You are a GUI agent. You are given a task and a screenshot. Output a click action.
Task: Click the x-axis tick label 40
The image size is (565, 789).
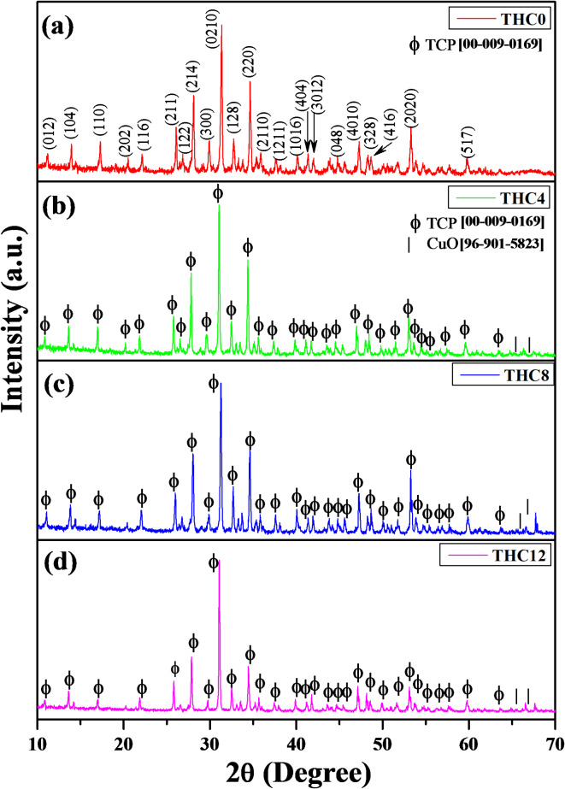tap(297, 739)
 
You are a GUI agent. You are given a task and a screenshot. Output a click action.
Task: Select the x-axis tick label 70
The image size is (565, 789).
tap(554, 739)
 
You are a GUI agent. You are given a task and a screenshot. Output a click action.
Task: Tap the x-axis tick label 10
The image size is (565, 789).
tap(38, 739)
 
